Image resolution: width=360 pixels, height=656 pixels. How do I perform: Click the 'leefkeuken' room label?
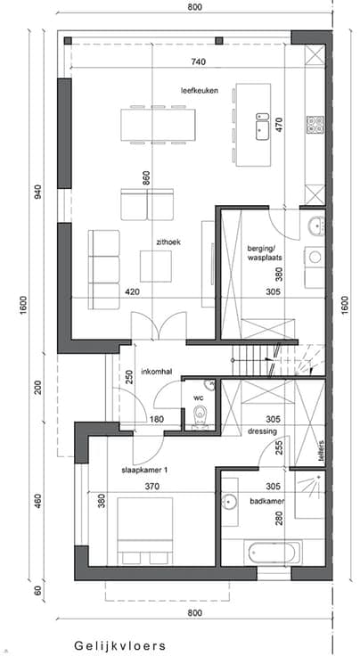click(200, 90)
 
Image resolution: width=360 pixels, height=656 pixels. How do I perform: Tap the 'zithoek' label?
click(168, 242)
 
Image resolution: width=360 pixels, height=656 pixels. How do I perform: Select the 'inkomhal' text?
click(157, 372)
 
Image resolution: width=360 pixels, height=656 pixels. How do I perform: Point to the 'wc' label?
click(198, 398)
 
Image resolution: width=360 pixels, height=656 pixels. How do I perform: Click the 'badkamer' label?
click(267, 501)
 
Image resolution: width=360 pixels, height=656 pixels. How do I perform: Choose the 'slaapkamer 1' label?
click(144, 471)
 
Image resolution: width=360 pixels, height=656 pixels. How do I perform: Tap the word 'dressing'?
click(262, 431)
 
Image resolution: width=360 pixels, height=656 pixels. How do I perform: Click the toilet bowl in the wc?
click(200, 415)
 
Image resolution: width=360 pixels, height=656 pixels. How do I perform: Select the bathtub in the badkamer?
click(273, 553)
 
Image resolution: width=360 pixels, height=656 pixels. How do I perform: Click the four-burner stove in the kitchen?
click(315, 124)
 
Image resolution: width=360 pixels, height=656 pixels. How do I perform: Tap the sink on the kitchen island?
click(263, 127)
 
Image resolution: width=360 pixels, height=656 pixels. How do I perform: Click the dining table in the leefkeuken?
click(158, 125)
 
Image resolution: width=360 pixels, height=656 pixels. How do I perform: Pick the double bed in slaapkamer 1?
click(145, 531)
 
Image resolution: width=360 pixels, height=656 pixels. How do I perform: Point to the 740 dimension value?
click(199, 61)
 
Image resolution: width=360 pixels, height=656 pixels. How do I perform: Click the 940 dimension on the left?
click(38, 192)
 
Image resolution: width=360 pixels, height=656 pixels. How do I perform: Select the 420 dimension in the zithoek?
click(132, 292)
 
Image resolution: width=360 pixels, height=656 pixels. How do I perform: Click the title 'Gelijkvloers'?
click(120, 645)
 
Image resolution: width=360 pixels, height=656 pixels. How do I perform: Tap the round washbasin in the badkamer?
click(229, 501)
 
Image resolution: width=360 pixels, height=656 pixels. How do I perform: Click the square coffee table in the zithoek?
click(156, 266)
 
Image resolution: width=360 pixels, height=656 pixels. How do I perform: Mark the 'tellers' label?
click(321, 450)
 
